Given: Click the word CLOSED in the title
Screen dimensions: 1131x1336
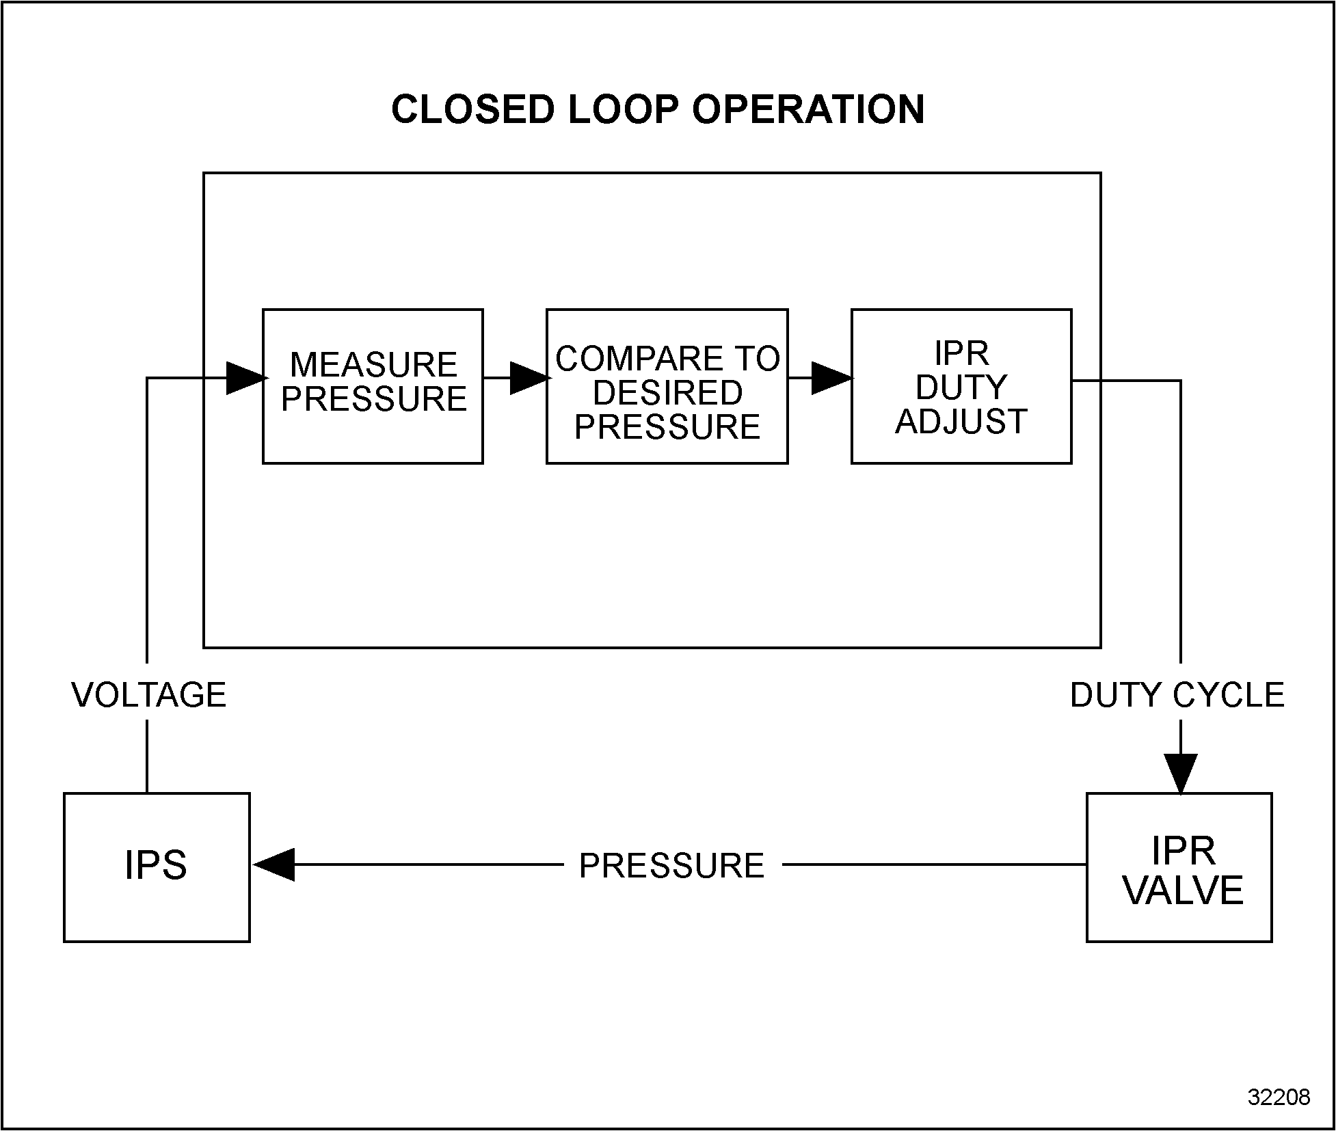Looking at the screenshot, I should [x=472, y=109].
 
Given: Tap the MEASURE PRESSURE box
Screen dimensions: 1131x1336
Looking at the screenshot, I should [x=373, y=386].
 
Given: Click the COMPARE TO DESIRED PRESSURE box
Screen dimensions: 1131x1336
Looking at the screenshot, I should [x=667, y=386].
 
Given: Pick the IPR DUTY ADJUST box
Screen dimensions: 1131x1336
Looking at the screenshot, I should [x=961, y=386].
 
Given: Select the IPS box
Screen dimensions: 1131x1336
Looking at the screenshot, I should [x=157, y=867].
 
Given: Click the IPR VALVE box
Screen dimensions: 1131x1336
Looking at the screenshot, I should [x=1179, y=867].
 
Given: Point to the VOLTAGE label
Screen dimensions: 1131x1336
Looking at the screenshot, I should [x=148, y=695].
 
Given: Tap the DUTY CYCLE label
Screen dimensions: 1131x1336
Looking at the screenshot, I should [x=1177, y=695].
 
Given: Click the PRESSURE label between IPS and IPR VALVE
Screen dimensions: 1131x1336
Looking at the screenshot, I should [x=671, y=866].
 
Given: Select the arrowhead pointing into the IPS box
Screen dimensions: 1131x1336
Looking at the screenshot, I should [x=273, y=864].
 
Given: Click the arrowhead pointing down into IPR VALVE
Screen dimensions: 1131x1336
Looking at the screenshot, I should [x=1181, y=773].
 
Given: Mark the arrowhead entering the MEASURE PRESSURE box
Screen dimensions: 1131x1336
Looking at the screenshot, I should [x=245, y=378].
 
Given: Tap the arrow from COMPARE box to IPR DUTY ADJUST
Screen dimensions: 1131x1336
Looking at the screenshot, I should [x=829, y=378].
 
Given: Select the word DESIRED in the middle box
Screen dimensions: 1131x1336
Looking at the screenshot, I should [x=667, y=393].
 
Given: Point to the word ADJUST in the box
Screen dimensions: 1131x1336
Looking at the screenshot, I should [x=961, y=422].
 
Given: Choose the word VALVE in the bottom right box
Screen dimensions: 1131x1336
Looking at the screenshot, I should [x=1183, y=891].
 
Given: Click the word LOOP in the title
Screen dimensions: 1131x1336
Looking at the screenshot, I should [x=622, y=109].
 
